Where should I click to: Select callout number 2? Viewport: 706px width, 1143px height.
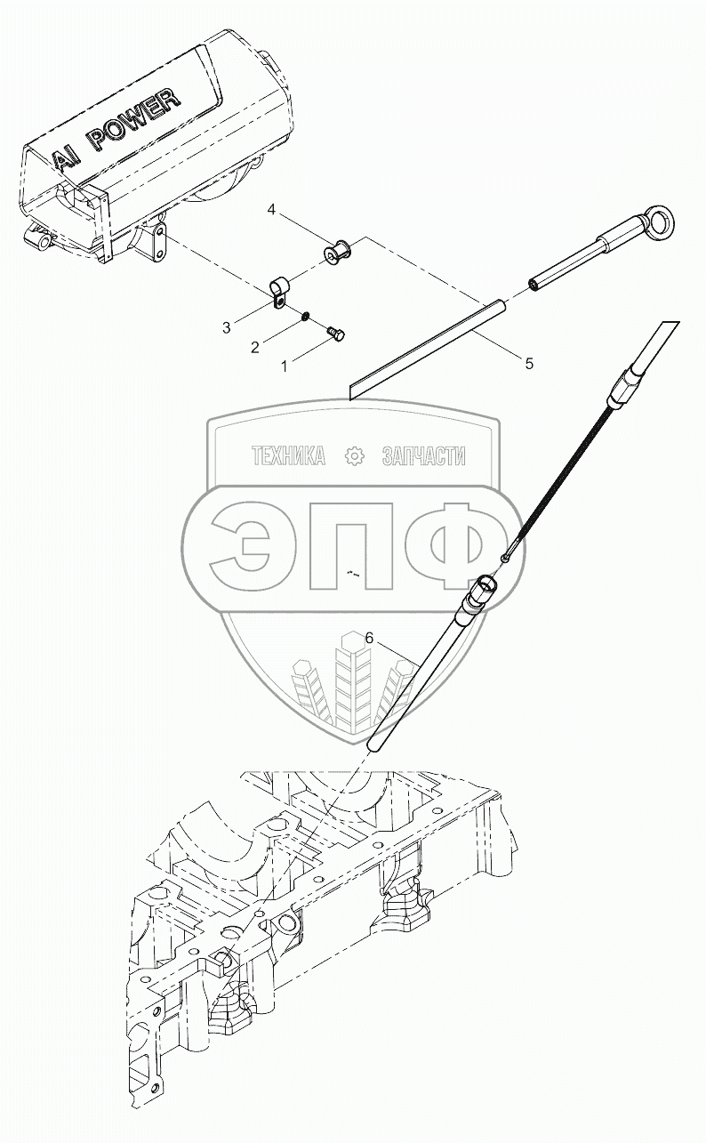254,347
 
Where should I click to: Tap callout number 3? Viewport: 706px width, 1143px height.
227,327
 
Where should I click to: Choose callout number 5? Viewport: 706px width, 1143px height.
528,363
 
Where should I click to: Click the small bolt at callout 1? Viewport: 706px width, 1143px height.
336,332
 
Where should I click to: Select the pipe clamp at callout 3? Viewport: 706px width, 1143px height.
277,291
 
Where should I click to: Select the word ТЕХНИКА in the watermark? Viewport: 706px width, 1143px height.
288,456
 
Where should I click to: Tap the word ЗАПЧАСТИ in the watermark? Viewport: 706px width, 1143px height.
423,456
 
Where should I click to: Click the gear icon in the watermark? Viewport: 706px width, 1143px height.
354,456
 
